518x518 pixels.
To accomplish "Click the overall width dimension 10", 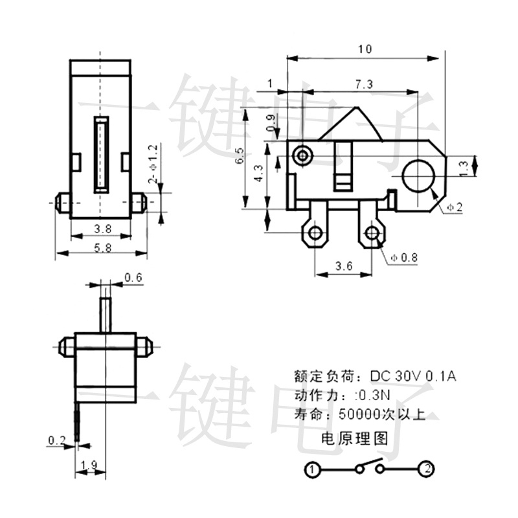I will pyautogui.click(x=365, y=49).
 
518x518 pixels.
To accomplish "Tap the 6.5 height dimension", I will pyautogui.click(x=240, y=157).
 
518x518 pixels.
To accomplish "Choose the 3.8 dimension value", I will pyautogui.click(x=102, y=229).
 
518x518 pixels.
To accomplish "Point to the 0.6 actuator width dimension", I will pyautogui.click(x=133, y=277).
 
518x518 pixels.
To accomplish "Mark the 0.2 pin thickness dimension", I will pyautogui.click(x=57, y=441).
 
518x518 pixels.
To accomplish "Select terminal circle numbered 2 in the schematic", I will pyautogui.click(x=427, y=468).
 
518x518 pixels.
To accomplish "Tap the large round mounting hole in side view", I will pyautogui.click(x=418, y=175).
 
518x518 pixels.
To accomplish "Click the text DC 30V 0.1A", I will pyautogui.click(x=412, y=376).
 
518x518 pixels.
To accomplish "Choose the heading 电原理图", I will pyautogui.click(x=355, y=440).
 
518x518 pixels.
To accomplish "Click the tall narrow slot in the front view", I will pyautogui.click(x=102, y=154).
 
